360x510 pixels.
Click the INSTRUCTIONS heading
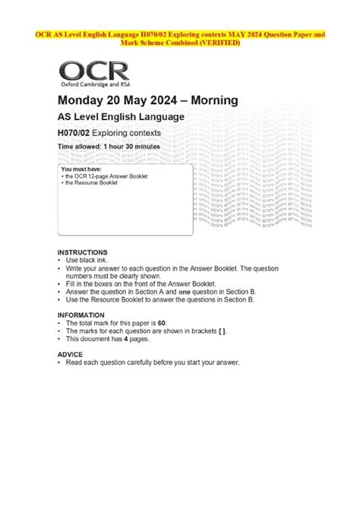[x=83, y=252]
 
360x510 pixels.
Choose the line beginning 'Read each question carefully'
[x=152, y=363]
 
